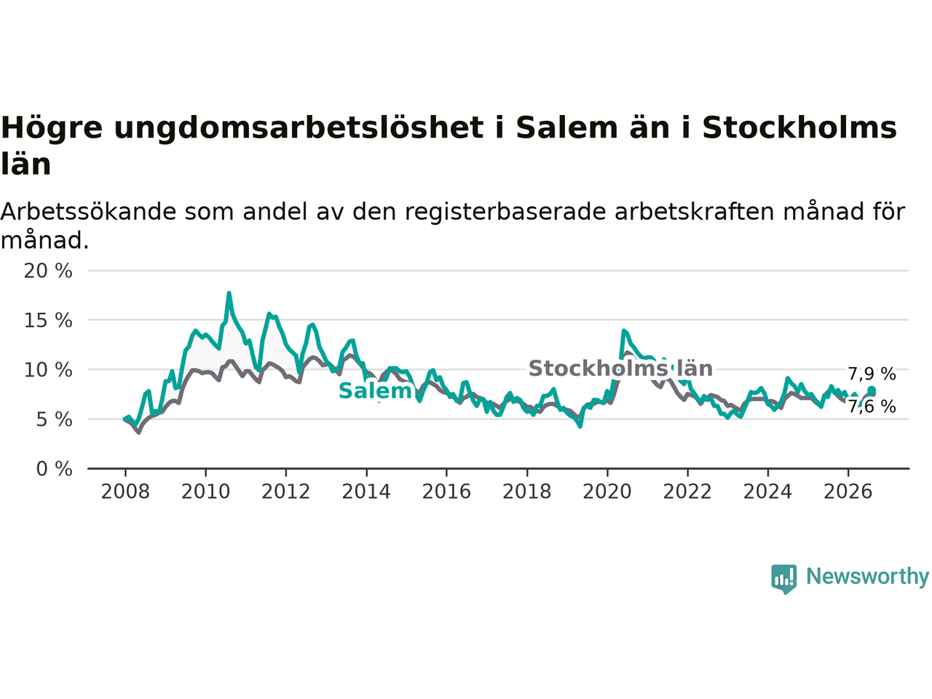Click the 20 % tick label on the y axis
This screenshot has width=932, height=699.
pyautogui.click(x=48, y=271)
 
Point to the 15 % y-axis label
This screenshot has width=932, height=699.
pyautogui.click(x=48, y=320)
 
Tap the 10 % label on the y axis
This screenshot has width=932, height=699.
pyautogui.click(x=48, y=370)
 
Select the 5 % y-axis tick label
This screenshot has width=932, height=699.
pyautogui.click(x=54, y=419)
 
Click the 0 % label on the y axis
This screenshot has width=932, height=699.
pyautogui.click(x=54, y=470)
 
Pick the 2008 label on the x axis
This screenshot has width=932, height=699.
pyautogui.click(x=125, y=492)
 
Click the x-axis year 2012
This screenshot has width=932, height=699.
pyautogui.click(x=285, y=492)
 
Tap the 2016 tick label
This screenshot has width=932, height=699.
pyautogui.click(x=446, y=492)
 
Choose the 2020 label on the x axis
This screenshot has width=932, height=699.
pyautogui.click(x=607, y=492)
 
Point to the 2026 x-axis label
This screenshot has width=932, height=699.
pyautogui.click(x=848, y=492)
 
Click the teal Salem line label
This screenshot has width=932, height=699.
pyautogui.click(x=375, y=391)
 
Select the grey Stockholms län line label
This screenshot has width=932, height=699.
pyautogui.click(x=620, y=368)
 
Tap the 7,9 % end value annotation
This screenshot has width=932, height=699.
pyautogui.click(x=872, y=374)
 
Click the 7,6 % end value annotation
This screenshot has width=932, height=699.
pyautogui.click(x=872, y=406)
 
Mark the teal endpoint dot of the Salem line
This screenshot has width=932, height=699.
pyautogui.click(x=872, y=390)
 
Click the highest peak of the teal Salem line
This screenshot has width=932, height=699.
pyautogui.click(x=229, y=293)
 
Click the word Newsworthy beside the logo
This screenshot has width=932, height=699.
pyautogui.click(x=867, y=577)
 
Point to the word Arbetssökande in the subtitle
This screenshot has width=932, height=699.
pyautogui.click(x=88, y=212)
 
